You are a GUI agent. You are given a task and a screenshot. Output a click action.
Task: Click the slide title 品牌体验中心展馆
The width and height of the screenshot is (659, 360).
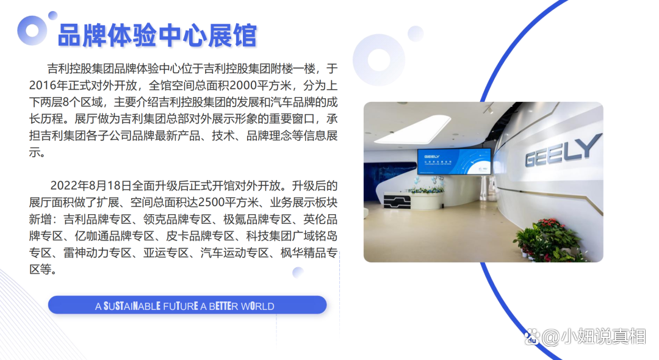157,35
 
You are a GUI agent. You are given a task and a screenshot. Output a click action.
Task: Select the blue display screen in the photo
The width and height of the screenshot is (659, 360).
454,161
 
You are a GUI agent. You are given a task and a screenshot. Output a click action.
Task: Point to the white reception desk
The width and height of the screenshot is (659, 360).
414,200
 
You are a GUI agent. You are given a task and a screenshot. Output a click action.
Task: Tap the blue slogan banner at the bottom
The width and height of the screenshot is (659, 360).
187,305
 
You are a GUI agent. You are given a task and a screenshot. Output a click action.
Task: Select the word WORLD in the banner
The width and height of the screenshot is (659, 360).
257,306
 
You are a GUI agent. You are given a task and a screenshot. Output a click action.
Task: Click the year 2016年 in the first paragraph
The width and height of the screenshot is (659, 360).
43,85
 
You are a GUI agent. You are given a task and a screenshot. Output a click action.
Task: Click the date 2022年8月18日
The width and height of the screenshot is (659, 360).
91,185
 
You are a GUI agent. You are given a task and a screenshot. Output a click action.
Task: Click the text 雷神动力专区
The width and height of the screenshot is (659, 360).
97,253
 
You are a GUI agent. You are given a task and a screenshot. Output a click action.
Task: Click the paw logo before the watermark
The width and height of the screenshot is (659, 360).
531,336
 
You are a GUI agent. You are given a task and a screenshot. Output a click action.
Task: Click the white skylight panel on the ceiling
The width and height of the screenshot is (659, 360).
412,129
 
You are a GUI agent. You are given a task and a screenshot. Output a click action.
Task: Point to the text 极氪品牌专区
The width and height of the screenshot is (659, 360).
257,219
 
